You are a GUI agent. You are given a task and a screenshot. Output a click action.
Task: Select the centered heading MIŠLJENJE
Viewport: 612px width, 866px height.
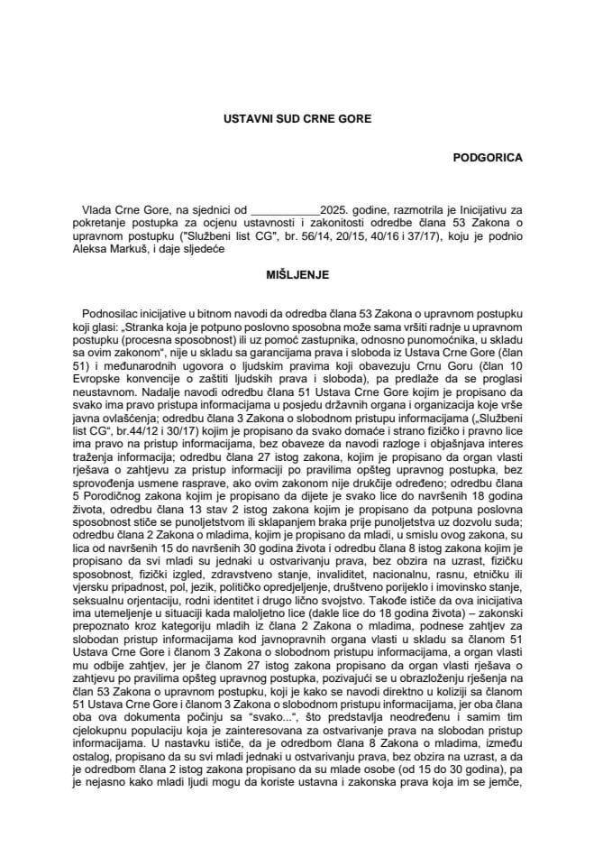coord(306,271)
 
